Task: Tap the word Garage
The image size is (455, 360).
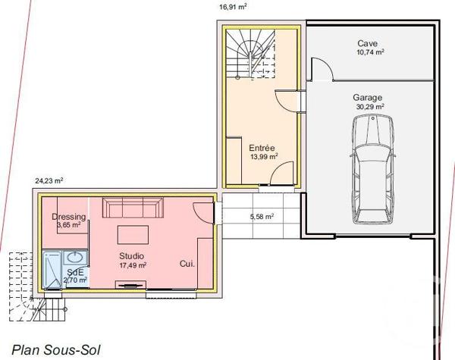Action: tap(366, 97)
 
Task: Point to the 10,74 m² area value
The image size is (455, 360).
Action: tap(370, 54)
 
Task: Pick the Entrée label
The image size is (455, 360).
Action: tap(262, 148)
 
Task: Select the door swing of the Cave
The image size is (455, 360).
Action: tap(319, 70)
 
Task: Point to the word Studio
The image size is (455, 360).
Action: tap(131, 256)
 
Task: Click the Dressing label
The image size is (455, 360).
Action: tap(69, 217)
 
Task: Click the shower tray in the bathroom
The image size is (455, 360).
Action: tap(52, 269)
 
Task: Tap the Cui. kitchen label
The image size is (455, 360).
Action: tap(187, 264)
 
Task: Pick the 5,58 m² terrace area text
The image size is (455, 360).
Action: tap(262, 217)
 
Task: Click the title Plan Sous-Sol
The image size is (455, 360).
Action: tap(55, 349)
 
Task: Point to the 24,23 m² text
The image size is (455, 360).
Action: tap(49, 180)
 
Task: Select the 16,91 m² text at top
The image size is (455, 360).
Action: tap(233, 6)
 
